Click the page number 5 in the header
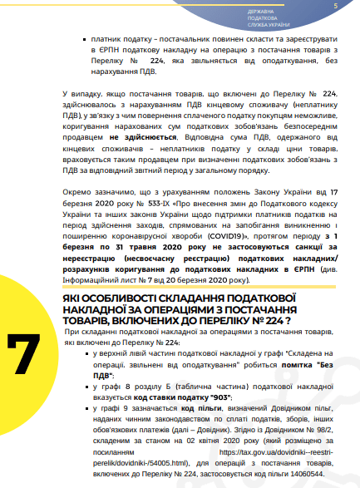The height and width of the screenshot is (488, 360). tap(334, 7)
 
